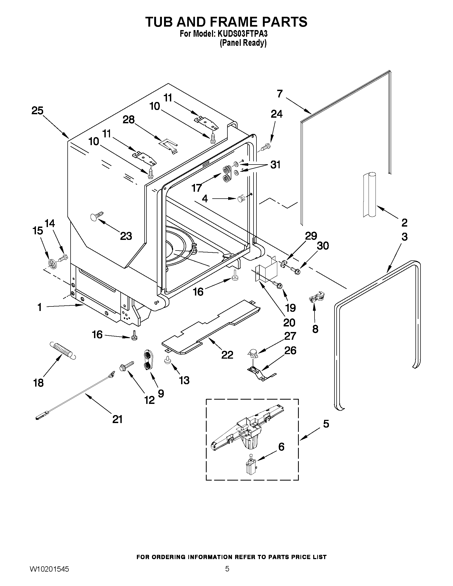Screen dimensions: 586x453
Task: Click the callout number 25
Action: click(37, 110)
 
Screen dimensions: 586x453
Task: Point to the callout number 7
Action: click(280, 94)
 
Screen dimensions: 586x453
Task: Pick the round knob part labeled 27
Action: click(253, 353)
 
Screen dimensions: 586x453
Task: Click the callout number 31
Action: click(275, 165)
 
